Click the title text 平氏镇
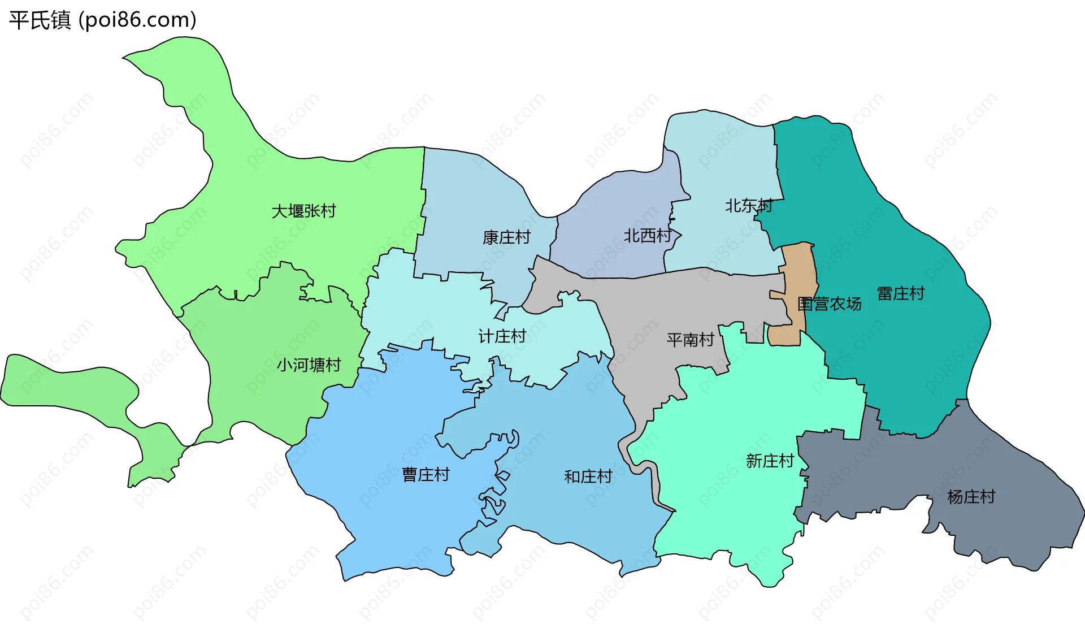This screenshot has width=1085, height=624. (40, 20)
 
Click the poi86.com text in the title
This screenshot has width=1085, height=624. (138, 20)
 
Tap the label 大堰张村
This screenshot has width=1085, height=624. (303, 211)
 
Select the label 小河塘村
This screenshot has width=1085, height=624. (309, 365)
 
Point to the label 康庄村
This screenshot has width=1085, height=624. (506, 237)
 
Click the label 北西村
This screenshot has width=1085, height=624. (647, 236)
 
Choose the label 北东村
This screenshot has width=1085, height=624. (748, 206)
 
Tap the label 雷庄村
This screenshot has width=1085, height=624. (900, 293)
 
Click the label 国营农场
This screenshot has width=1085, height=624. (829, 304)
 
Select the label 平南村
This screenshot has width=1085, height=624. (690, 340)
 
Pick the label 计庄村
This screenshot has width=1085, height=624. (502, 336)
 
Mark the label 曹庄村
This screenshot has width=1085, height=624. (426, 474)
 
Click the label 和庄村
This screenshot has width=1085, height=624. (588, 476)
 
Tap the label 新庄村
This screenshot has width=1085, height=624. (770, 461)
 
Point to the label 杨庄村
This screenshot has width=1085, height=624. (971, 497)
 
